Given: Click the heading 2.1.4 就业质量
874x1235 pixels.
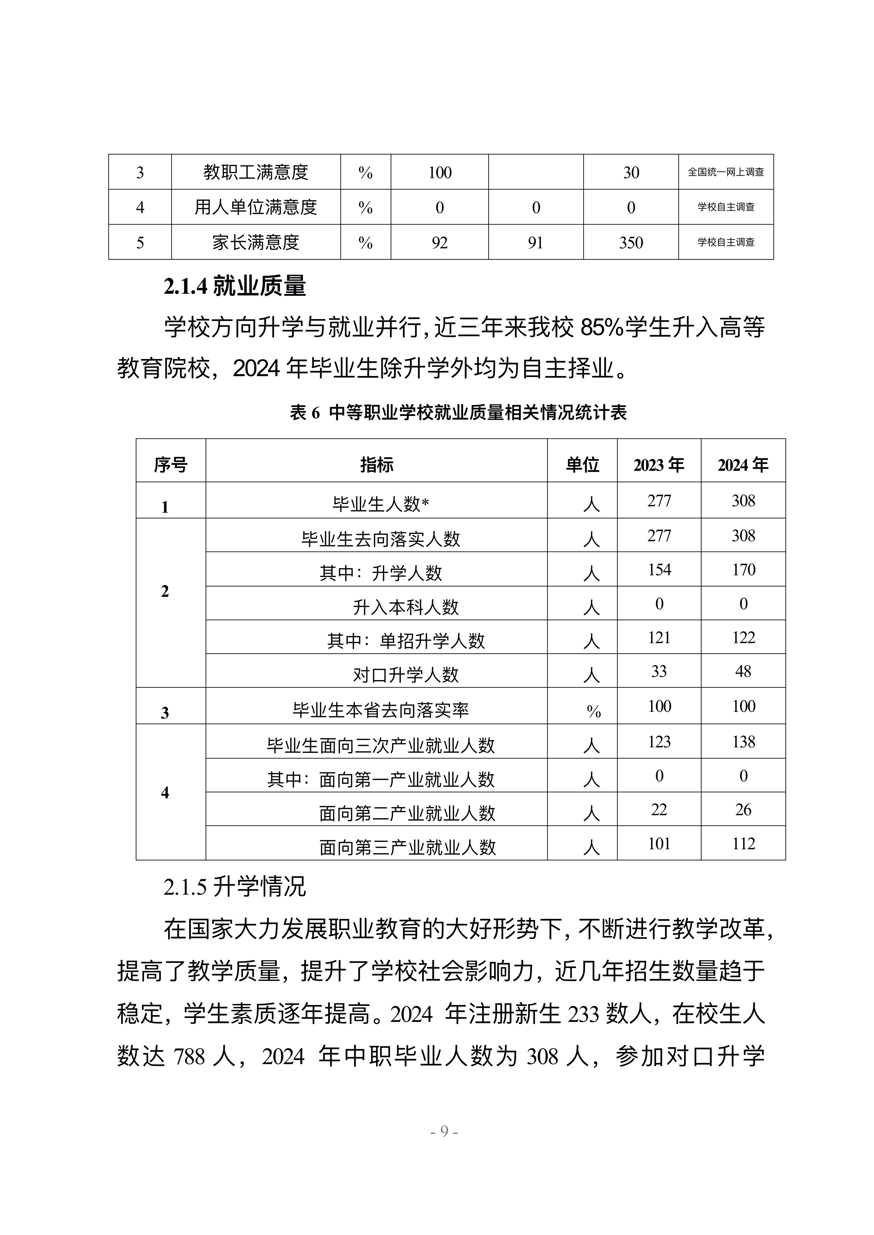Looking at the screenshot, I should click(x=235, y=286).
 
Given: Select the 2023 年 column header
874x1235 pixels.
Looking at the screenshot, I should click(x=659, y=465).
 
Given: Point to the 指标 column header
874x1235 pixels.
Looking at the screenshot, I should click(x=376, y=465).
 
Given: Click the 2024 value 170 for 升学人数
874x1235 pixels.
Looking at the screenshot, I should click(x=743, y=570).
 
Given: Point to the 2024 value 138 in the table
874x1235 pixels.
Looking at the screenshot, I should click(x=743, y=742).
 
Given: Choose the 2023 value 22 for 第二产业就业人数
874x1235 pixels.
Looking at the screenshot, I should click(x=659, y=810).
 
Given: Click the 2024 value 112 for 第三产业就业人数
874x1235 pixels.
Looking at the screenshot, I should click(x=743, y=843).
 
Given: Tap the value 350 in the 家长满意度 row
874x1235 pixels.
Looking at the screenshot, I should click(x=631, y=243).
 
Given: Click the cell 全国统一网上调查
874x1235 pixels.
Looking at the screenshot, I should click(x=725, y=172).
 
